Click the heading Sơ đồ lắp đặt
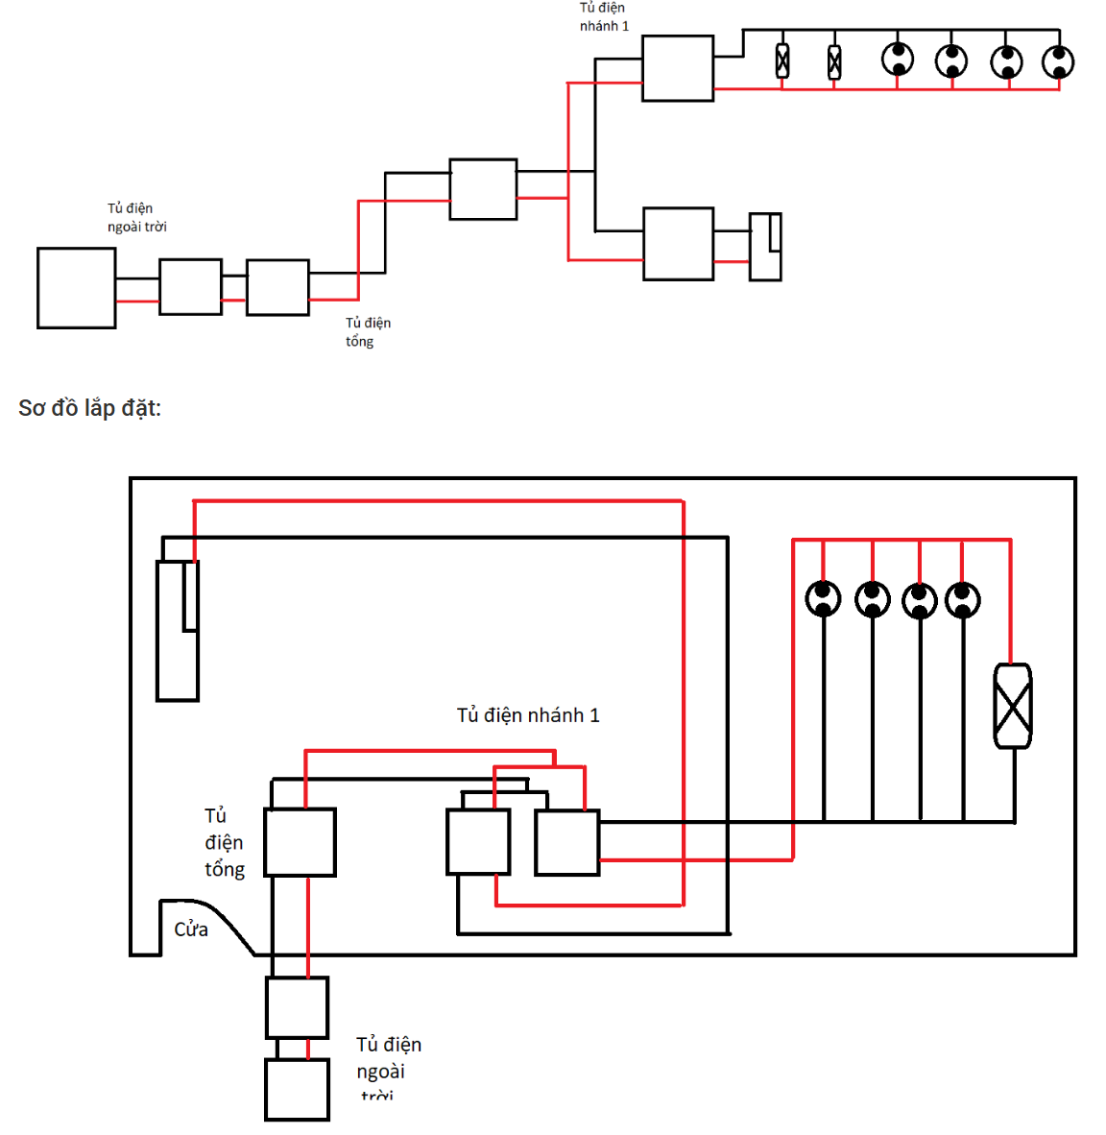89,408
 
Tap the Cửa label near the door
191,929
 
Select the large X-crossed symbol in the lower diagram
1013,706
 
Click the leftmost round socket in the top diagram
898,60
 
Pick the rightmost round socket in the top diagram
1058,62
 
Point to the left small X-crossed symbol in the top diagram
782,61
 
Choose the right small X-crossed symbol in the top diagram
834,62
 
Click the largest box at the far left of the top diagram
77,288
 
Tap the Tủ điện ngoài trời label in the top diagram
136,217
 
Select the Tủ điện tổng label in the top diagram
368,332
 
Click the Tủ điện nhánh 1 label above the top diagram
603,16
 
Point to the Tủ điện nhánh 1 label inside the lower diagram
528,715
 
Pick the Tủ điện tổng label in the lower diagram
225,842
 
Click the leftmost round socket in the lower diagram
823,599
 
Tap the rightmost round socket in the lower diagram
963,600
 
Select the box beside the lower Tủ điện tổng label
300,842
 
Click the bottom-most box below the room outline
297,1090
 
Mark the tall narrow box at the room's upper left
178,630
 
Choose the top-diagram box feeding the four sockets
678,68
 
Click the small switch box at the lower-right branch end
765,247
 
